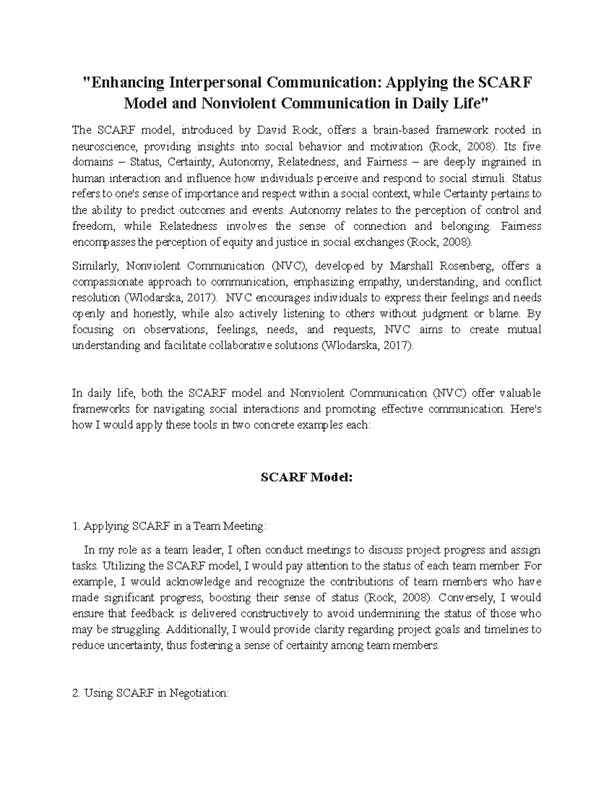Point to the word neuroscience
pos(104,146)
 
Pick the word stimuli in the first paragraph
pos(489,179)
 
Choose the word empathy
pos(370,282)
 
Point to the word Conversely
pos(466,598)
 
